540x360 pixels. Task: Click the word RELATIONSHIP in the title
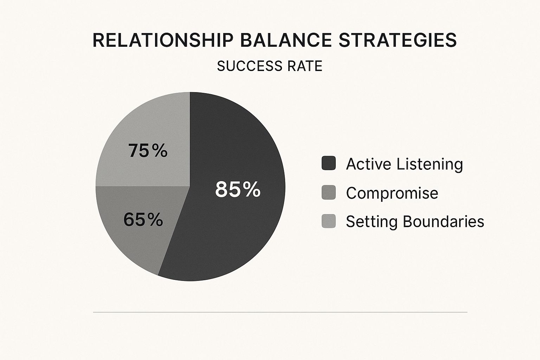[x=163, y=40]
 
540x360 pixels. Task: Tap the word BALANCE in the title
[x=286, y=40]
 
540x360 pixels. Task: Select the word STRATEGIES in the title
[x=398, y=40]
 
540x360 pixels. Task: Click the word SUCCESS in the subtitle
[x=250, y=66]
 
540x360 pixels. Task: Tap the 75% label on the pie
[x=148, y=150]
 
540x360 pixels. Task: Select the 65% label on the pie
[x=143, y=219]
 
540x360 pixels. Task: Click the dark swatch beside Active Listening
[x=329, y=163]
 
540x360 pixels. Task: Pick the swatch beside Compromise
[x=329, y=192]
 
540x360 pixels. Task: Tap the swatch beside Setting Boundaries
[x=329, y=221]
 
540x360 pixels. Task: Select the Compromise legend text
[x=392, y=193]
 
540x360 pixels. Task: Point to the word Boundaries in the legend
[x=443, y=221]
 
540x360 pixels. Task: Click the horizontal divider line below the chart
[x=280, y=312]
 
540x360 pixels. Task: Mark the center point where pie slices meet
[x=190, y=186]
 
